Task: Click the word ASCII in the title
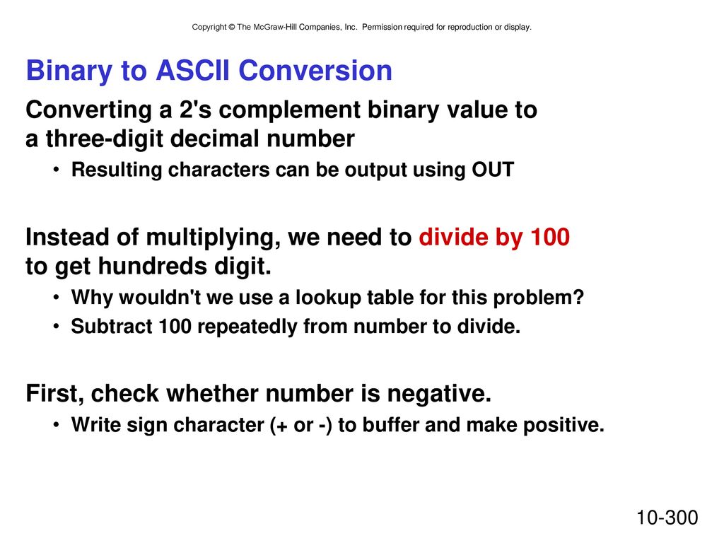pos(192,71)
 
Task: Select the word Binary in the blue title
pos(69,72)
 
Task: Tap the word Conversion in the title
pos(315,71)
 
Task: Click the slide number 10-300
pos(667,518)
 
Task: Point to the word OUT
pos(493,170)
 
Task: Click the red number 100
pos(550,237)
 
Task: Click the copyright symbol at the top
pos(232,28)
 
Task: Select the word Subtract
pos(111,327)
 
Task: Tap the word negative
pos(439,394)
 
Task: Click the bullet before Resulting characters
pos(56,170)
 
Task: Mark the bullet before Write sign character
pos(56,424)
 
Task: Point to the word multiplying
pos(213,238)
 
